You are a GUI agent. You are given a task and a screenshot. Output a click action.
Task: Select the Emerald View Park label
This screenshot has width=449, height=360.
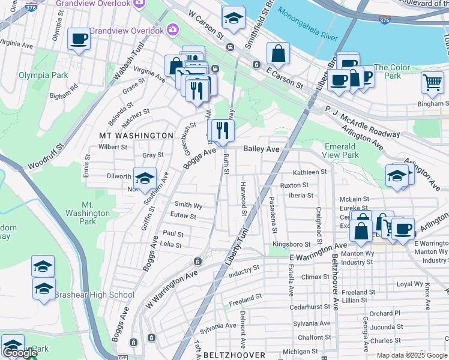pos(341,151)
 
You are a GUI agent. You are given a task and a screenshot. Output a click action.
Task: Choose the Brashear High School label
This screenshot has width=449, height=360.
pos(94,295)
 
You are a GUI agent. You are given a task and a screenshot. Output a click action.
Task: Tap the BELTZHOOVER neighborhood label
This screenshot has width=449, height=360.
pos(234,355)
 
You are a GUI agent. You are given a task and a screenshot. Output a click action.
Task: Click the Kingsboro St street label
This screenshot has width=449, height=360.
pos(291,245)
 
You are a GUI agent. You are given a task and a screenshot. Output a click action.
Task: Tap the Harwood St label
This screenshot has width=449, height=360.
pos(244,199)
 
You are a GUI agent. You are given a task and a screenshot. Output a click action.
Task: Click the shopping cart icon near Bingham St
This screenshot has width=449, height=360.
pos(432,84)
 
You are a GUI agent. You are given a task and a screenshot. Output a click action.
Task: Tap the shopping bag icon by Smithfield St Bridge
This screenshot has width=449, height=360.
pos(278,55)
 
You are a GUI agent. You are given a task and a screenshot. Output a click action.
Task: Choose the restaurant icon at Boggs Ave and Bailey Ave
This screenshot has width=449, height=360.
pos(221,130)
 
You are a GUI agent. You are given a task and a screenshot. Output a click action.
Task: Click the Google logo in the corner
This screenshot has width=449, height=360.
pos(20,353)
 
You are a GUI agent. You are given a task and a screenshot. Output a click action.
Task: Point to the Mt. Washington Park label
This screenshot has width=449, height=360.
pos(88,213)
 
